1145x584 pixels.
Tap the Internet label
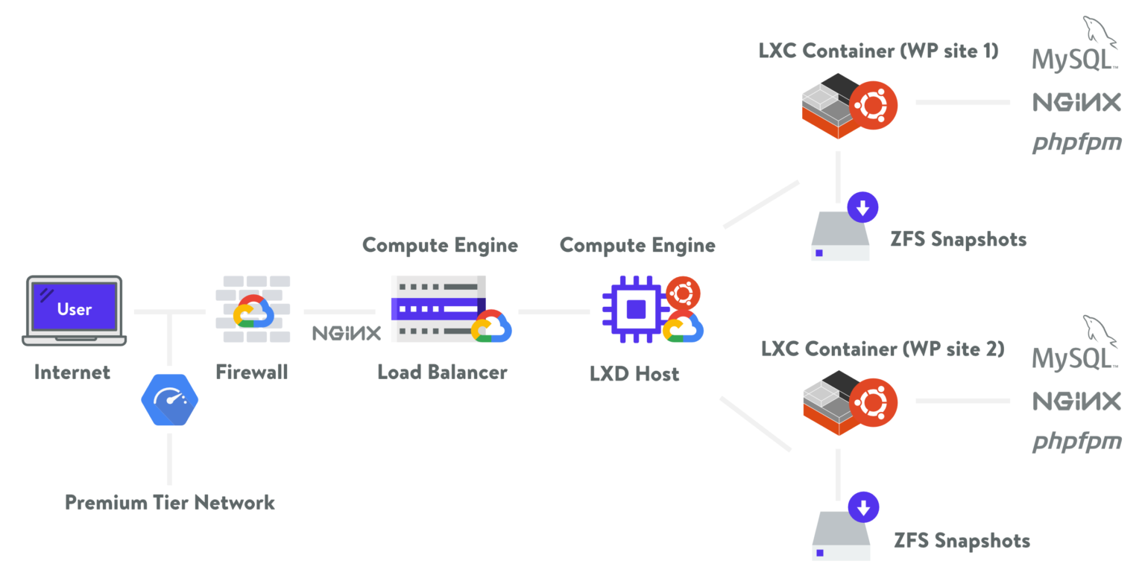pos(72,372)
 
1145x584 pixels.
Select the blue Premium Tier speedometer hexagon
pos(170,399)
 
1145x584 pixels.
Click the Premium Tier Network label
pos(170,503)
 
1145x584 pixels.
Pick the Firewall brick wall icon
pos(252,310)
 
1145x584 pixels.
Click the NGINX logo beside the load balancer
pos(347,333)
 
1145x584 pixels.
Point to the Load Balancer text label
pos(442,372)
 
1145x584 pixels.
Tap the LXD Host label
pos(634,373)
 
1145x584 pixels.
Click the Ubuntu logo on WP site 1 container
pos(873,105)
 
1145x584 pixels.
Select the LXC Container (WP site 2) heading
pos(883,349)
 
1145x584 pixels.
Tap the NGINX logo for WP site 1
pos(1076,102)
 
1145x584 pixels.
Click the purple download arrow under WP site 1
pos(862,208)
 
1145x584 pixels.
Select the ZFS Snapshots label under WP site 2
pos(962,540)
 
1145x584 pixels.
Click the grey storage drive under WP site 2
pos(840,536)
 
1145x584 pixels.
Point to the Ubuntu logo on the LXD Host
pos(682,293)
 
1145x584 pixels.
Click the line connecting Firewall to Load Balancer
pos(339,311)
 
